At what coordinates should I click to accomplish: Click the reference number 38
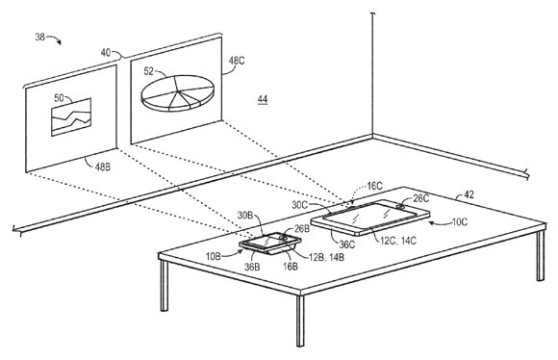click(40, 37)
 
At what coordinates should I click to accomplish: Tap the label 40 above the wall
click(106, 53)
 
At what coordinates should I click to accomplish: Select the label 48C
click(237, 61)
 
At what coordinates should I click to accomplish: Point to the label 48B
click(103, 167)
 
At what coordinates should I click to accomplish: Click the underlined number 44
click(263, 99)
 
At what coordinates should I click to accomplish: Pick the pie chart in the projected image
click(178, 93)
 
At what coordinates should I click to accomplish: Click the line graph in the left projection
click(71, 117)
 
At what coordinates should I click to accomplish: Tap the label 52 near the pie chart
click(149, 71)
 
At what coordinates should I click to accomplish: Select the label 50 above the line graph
click(59, 98)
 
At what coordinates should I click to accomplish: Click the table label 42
click(469, 195)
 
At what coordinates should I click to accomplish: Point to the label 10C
click(460, 222)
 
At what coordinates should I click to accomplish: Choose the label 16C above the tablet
click(374, 186)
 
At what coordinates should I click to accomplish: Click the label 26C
click(421, 198)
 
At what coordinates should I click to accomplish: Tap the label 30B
click(245, 216)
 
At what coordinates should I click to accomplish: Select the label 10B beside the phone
click(214, 256)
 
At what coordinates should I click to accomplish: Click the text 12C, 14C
click(398, 241)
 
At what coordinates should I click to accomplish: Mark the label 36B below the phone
click(252, 267)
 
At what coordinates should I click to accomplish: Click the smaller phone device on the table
click(269, 244)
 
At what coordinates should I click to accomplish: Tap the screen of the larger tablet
click(370, 216)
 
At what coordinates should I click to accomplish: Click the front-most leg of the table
click(300, 321)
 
